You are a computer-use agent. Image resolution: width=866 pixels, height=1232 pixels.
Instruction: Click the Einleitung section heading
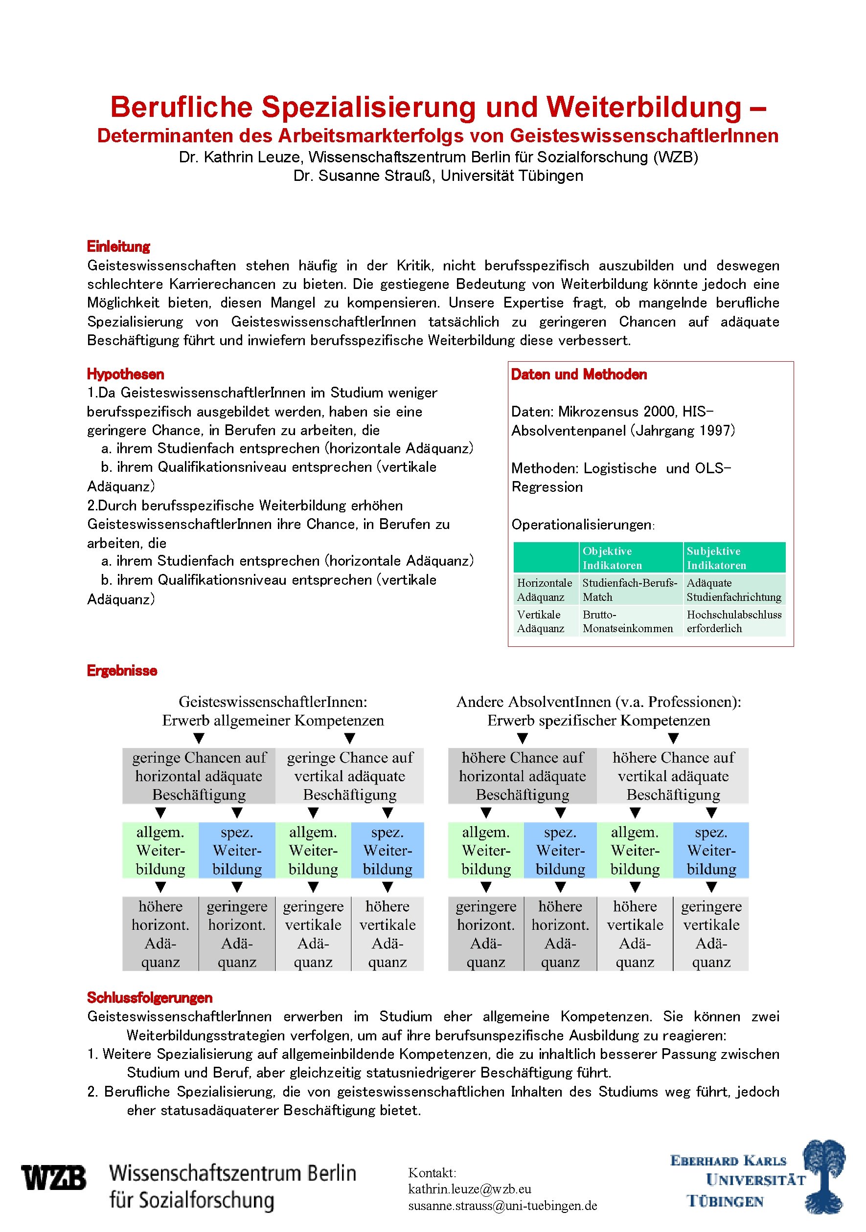118,246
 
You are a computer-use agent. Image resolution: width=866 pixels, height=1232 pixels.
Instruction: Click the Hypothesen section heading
125,374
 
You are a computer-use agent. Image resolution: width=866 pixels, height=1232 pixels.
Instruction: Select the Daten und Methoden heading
578,374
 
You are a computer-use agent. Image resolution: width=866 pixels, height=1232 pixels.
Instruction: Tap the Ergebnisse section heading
122,670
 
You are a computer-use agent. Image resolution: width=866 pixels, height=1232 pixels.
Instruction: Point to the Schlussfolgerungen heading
149,997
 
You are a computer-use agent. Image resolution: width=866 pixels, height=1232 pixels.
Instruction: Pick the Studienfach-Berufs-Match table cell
629,590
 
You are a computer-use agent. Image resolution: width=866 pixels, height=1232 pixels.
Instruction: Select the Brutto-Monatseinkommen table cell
627,621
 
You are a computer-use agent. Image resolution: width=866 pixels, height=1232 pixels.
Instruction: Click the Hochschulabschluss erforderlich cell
733,621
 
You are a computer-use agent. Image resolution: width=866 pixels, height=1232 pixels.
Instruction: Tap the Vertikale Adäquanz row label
540,621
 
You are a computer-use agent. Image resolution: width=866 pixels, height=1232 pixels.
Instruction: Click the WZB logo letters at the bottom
54,1178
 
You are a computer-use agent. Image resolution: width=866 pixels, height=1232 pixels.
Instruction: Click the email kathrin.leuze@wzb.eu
469,1189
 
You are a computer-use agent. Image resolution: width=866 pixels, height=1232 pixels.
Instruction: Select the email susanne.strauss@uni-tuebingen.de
502,1206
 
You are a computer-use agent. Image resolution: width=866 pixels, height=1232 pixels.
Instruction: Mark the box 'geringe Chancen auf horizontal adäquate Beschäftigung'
199,776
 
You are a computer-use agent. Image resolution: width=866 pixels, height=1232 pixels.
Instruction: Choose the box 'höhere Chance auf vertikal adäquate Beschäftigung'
673,776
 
